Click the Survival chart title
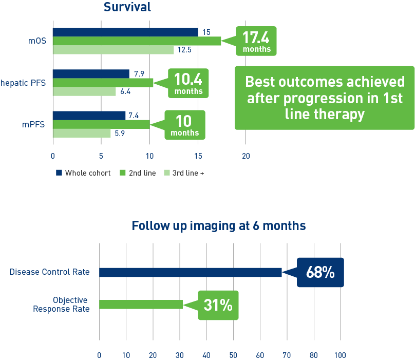click(x=127, y=7)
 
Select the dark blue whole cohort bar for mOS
click(x=125, y=32)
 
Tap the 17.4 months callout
click(x=256, y=41)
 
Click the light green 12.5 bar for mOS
click(x=113, y=50)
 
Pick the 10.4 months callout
click(x=188, y=83)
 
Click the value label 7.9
click(x=139, y=74)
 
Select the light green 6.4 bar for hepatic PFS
click(x=84, y=91)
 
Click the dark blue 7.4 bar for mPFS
click(x=89, y=116)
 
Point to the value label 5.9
click(x=119, y=134)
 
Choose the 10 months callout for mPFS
click(x=184, y=125)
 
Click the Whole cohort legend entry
click(x=83, y=173)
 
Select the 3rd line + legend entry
click(x=184, y=173)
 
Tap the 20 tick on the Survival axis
click(x=246, y=156)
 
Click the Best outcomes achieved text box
click(x=325, y=98)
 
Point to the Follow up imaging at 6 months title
click(x=219, y=226)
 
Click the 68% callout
click(x=320, y=272)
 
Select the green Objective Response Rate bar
click(x=141, y=305)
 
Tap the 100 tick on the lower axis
click(x=340, y=355)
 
